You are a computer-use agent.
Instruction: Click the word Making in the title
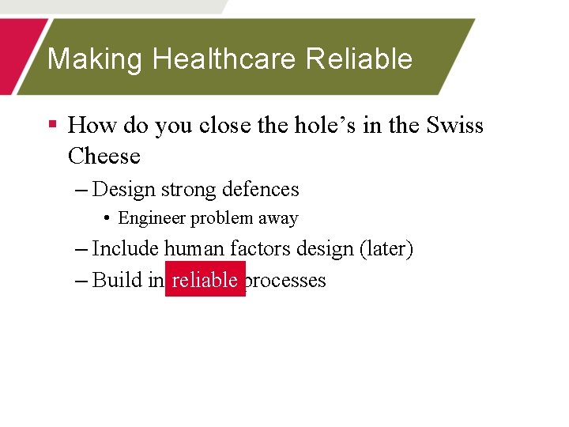pyautogui.click(x=96, y=59)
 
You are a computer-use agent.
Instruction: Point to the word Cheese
pyautogui.click(x=104, y=157)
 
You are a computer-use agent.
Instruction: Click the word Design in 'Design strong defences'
pyautogui.click(x=124, y=190)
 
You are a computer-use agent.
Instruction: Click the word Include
pyautogui.click(x=126, y=249)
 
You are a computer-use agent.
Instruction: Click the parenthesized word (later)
pyautogui.click(x=386, y=249)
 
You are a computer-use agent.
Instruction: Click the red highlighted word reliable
pyautogui.click(x=205, y=280)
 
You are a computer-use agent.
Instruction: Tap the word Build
pyautogui.click(x=117, y=280)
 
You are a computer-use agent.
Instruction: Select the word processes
pyautogui.click(x=287, y=281)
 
